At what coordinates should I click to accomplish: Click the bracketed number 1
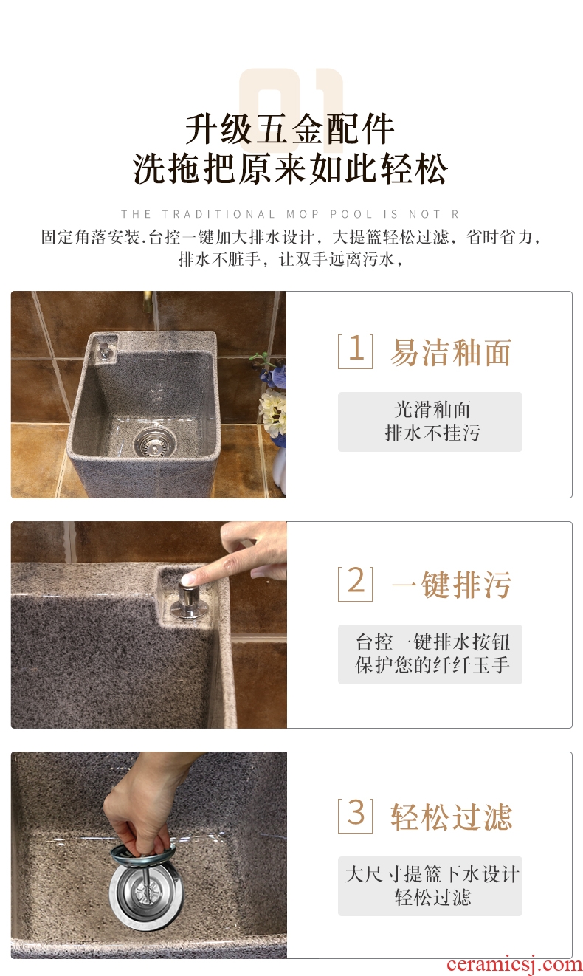355,351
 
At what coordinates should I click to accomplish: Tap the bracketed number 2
355,583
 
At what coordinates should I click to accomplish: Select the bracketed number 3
355,815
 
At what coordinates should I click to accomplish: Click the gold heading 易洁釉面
451,352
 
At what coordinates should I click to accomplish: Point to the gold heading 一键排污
452,584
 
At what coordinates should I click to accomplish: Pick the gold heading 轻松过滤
451,817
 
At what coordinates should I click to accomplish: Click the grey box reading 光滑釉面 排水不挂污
430,422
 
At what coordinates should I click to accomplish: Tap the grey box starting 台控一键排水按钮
430,654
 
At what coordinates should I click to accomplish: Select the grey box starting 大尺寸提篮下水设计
430,886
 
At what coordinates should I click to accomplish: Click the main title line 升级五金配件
290,129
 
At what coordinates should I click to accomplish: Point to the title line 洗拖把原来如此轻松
291,168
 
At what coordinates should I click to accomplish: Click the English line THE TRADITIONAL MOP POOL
290,214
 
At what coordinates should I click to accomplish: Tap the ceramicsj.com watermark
514,965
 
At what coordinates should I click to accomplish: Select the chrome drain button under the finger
188,598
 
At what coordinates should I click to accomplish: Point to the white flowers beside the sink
273,412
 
